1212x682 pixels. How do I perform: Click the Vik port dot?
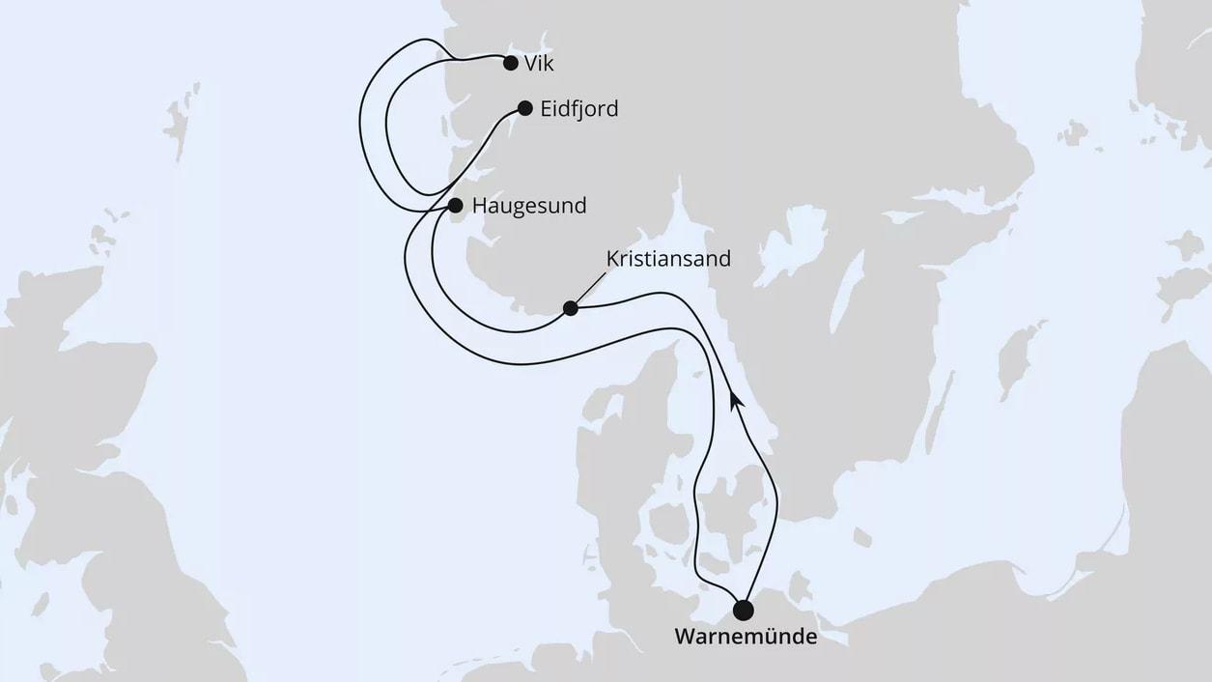click(x=510, y=64)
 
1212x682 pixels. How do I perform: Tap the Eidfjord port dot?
click(x=524, y=108)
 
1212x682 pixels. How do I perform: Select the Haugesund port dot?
click(x=455, y=205)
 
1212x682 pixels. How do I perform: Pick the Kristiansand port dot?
click(x=570, y=308)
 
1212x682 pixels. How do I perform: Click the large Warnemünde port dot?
click(x=743, y=610)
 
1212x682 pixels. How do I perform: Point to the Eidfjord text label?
click(x=579, y=109)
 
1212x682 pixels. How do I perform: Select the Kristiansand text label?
click(x=667, y=259)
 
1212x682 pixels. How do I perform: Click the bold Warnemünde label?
click(x=745, y=638)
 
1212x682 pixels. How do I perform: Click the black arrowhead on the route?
click(x=737, y=397)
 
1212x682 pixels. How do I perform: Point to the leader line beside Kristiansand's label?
click(x=589, y=289)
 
